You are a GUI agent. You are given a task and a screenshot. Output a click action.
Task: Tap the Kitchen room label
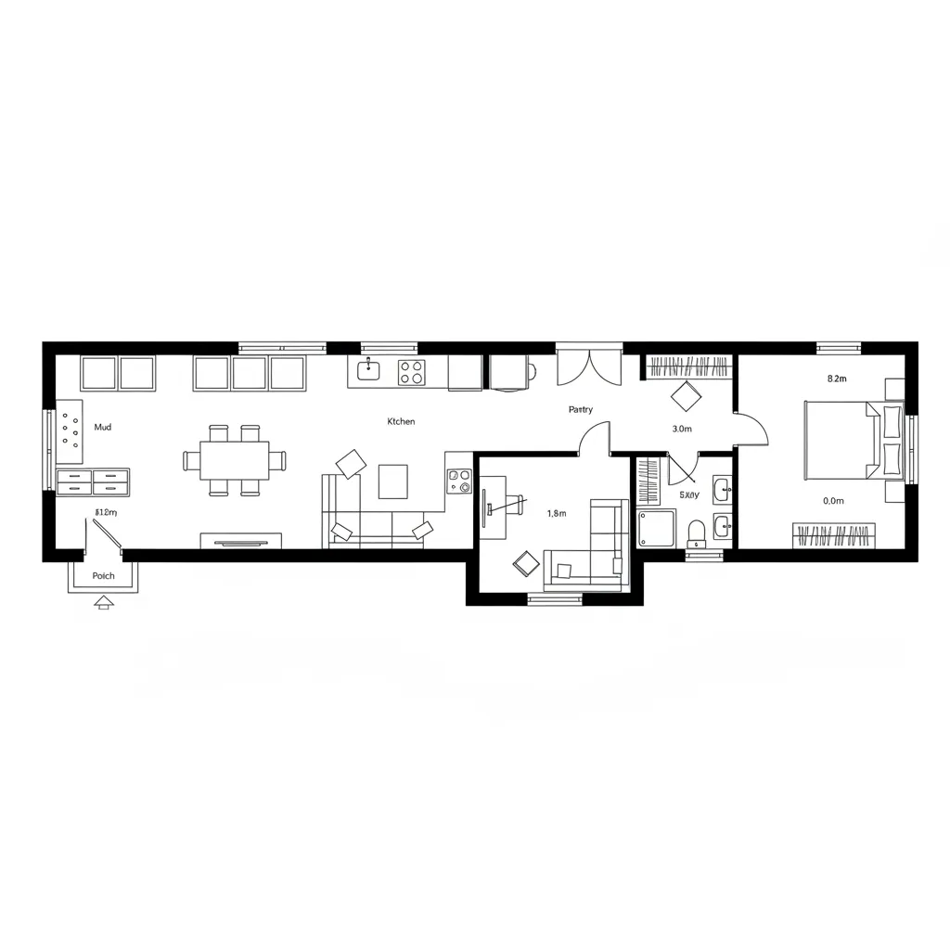tap(401, 421)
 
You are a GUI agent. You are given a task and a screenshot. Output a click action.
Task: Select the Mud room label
tap(103, 428)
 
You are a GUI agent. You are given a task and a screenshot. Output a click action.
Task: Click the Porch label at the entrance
tap(104, 576)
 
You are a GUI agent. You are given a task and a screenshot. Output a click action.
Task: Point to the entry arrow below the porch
tap(103, 602)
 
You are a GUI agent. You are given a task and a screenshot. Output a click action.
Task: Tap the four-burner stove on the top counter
tap(412, 372)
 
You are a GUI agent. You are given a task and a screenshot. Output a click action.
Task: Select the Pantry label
tap(581, 409)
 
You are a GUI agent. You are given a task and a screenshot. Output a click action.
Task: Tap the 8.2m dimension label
tap(836, 379)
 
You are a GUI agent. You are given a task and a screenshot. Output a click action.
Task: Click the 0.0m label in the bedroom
tap(833, 501)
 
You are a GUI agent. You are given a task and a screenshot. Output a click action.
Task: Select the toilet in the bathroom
tap(696, 533)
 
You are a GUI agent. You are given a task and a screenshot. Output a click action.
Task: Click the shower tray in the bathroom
tap(656, 528)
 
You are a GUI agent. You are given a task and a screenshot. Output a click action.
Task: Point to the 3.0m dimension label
tap(681, 429)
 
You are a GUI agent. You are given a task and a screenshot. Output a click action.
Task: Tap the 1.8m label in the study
tap(557, 513)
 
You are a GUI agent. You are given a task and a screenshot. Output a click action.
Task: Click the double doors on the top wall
tap(589, 367)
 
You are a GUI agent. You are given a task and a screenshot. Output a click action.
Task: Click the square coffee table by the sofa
tap(392, 481)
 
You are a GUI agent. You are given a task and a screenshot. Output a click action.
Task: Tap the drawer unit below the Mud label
tap(93, 481)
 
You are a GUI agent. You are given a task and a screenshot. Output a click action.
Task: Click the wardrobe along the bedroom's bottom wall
tap(834, 535)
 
